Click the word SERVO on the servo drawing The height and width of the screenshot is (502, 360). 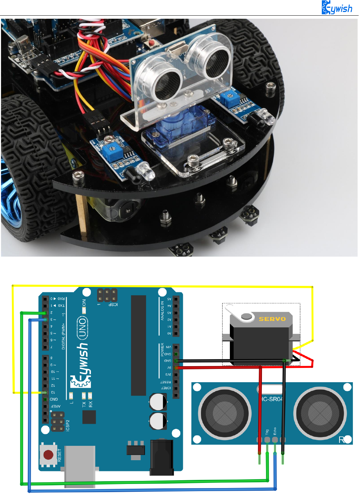click(x=272, y=319)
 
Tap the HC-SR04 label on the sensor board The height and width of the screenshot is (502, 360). click(x=272, y=399)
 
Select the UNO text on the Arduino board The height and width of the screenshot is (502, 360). click(x=82, y=327)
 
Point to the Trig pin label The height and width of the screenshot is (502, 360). click(x=267, y=432)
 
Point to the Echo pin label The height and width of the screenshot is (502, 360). click(x=275, y=431)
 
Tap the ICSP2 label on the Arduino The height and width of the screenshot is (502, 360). click(x=67, y=426)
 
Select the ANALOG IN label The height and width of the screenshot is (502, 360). click(x=162, y=310)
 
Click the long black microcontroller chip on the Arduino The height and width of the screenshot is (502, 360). click(x=138, y=345)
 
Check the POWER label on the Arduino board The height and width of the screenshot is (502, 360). click(x=162, y=350)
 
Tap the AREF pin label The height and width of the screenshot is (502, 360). click(x=55, y=406)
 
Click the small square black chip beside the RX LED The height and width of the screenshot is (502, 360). click(x=89, y=417)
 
